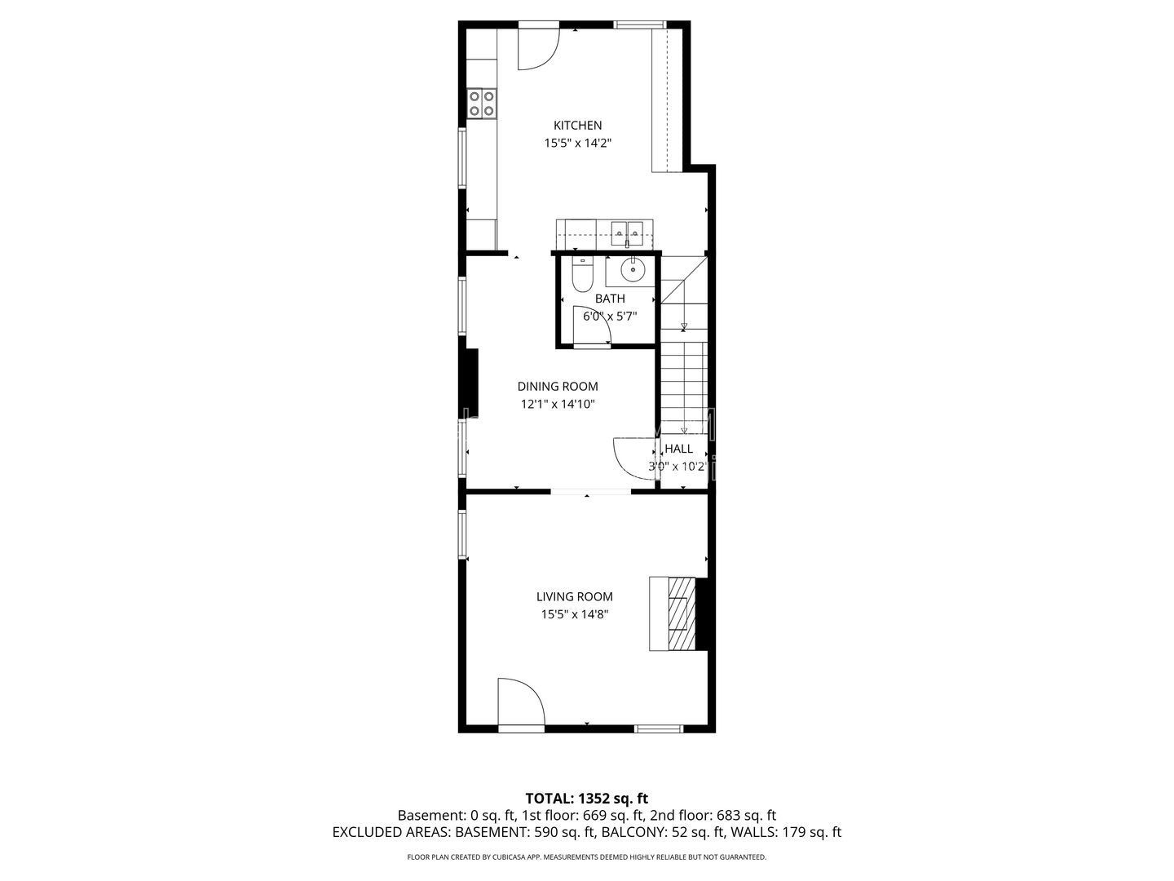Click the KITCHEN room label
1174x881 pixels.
click(577, 125)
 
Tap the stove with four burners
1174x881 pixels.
click(107, 104)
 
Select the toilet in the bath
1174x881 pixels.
click(582, 275)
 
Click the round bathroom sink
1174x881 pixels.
click(633, 269)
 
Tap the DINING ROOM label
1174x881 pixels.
click(558, 386)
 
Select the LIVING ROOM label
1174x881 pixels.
click(575, 596)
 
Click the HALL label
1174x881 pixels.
click(679, 449)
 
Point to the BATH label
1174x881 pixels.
click(610, 299)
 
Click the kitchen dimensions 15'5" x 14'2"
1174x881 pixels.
click(578, 144)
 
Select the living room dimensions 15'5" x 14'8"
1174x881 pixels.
click(575, 614)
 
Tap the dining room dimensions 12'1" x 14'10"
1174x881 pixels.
click(558, 404)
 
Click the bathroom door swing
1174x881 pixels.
click(592, 325)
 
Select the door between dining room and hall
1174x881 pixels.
click(635, 458)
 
